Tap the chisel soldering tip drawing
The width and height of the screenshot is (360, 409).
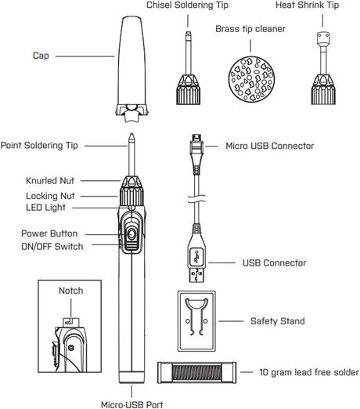pyautogui.click(x=188, y=71)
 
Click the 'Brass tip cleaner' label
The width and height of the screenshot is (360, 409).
pyautogui.click(x=250, y=28)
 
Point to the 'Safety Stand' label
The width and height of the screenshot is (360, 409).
pyautogui.click(x=276, y=321)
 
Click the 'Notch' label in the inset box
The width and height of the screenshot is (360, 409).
pyautogui.click(x=71, y=291)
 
